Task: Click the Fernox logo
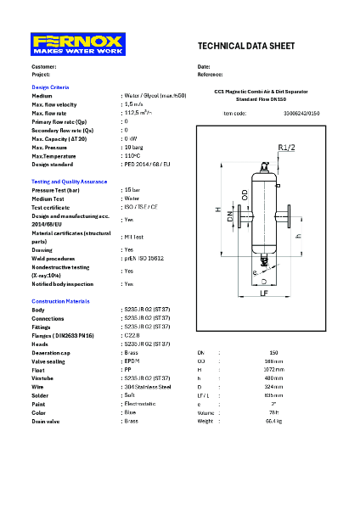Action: (77, 44)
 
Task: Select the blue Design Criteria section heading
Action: (50, 87)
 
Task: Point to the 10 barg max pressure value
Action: (132, 148)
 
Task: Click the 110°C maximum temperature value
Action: (132, 156)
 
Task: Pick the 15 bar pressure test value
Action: (132, 190)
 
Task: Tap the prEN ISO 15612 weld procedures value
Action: (143, 258)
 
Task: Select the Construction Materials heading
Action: (60, 301)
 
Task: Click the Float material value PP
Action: (127, 369)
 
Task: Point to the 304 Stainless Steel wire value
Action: (146, 386)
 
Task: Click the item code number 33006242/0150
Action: (301, 112)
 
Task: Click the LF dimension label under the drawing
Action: (263, 293)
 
